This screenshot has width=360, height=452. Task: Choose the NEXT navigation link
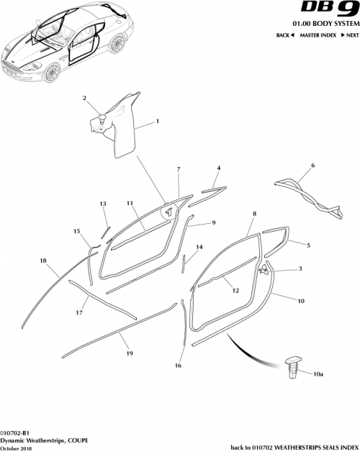pyautogui.click(x=348, y=35)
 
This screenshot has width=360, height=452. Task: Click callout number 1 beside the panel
pyautogui.click(x=157, y=124)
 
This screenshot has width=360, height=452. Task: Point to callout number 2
pyautogui.click(x=84, y=98)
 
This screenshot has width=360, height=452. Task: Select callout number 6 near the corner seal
pyautogui.click(x=312, y=166)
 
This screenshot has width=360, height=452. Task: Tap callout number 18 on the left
pyautogui.click(x=43, y=261)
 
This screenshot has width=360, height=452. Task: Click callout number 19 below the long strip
pyautogui.click(x=130, y=354)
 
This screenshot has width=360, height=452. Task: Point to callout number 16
pyautogui.click(x=178, y=366)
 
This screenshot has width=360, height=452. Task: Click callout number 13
pyautogui.click(x=103, y=204)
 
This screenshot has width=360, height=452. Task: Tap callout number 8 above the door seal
pyautogui.click(x=254, y=214)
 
